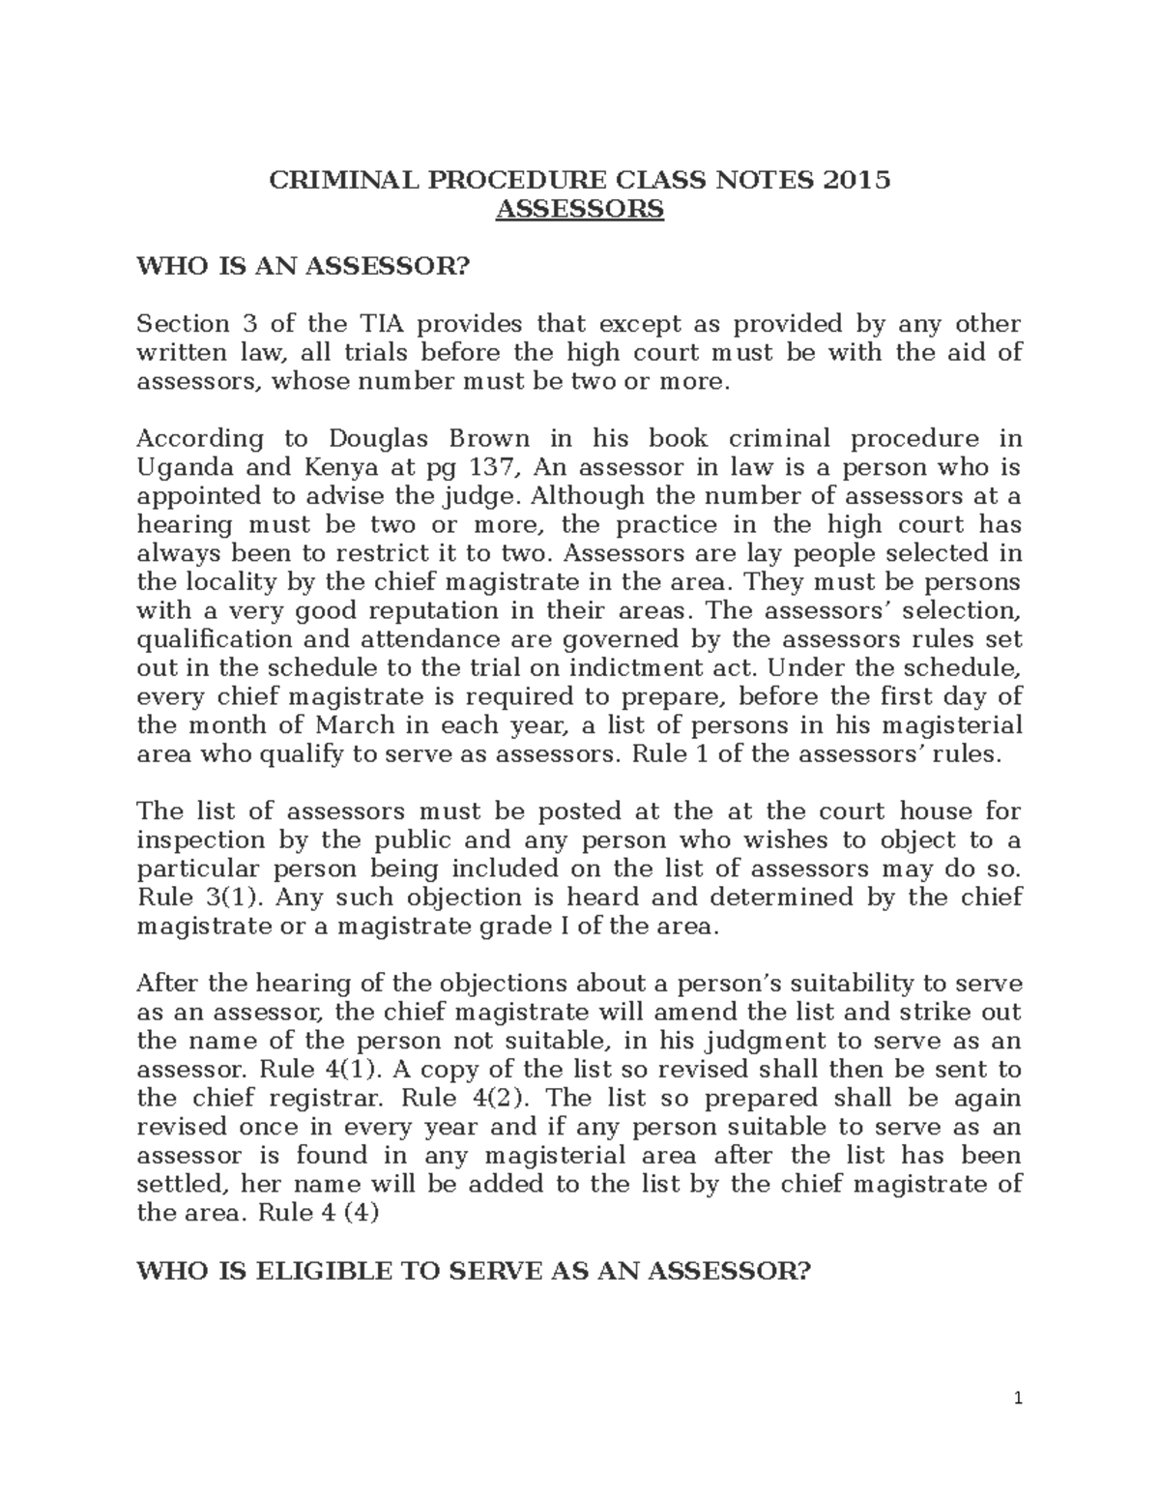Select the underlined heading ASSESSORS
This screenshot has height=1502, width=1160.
579,209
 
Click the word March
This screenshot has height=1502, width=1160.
351,725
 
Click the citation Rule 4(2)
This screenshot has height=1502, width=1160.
467,1099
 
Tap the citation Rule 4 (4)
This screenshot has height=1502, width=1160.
318,1213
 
